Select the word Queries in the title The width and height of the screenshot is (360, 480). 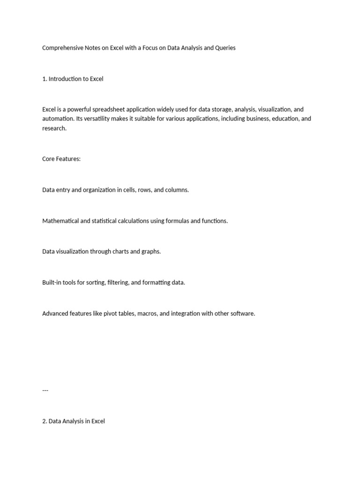tap(225, 48)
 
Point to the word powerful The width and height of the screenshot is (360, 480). tap(79, 110)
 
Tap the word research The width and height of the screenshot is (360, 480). tap(54, 128)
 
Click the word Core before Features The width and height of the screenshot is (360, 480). tap(49, 159)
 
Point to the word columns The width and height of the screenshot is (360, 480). tap(175, 190)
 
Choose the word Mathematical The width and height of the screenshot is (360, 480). tap(60, 221)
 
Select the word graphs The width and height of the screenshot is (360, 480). tap(151, 252)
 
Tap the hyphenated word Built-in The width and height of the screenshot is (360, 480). tap(52, 283)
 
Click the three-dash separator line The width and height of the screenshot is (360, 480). tap(45, 390)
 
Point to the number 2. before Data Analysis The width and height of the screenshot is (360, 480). tap(45, 421)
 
